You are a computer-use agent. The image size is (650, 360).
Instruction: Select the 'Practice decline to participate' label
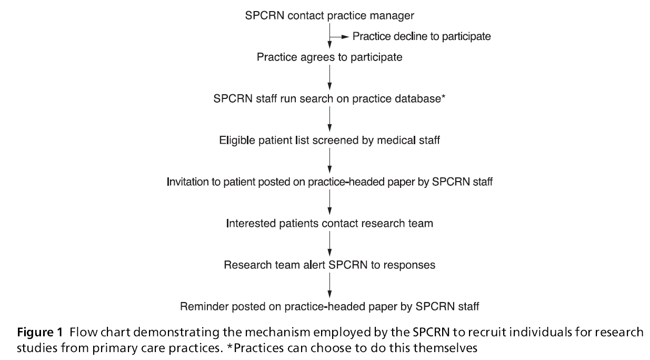point(421,37)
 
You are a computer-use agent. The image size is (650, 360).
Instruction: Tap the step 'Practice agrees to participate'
point(329,57)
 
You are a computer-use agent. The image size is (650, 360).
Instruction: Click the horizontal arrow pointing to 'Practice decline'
point(339,37)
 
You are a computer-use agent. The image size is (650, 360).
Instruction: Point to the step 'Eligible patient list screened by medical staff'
point(329,141)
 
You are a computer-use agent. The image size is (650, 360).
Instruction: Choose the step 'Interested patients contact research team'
point(329,223)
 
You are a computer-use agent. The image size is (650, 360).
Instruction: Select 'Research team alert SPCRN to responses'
point(329,265)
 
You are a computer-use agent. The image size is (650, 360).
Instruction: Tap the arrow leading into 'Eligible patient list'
point(329,119)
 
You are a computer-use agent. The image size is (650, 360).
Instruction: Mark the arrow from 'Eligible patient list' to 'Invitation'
point(329,161)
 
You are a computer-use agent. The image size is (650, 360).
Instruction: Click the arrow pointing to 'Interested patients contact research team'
point(329,203)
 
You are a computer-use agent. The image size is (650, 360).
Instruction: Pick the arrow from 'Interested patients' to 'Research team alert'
point(329,244)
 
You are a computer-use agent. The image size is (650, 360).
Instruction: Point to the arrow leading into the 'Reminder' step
point(329,285)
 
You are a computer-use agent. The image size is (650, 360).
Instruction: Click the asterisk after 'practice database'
point(444,97)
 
